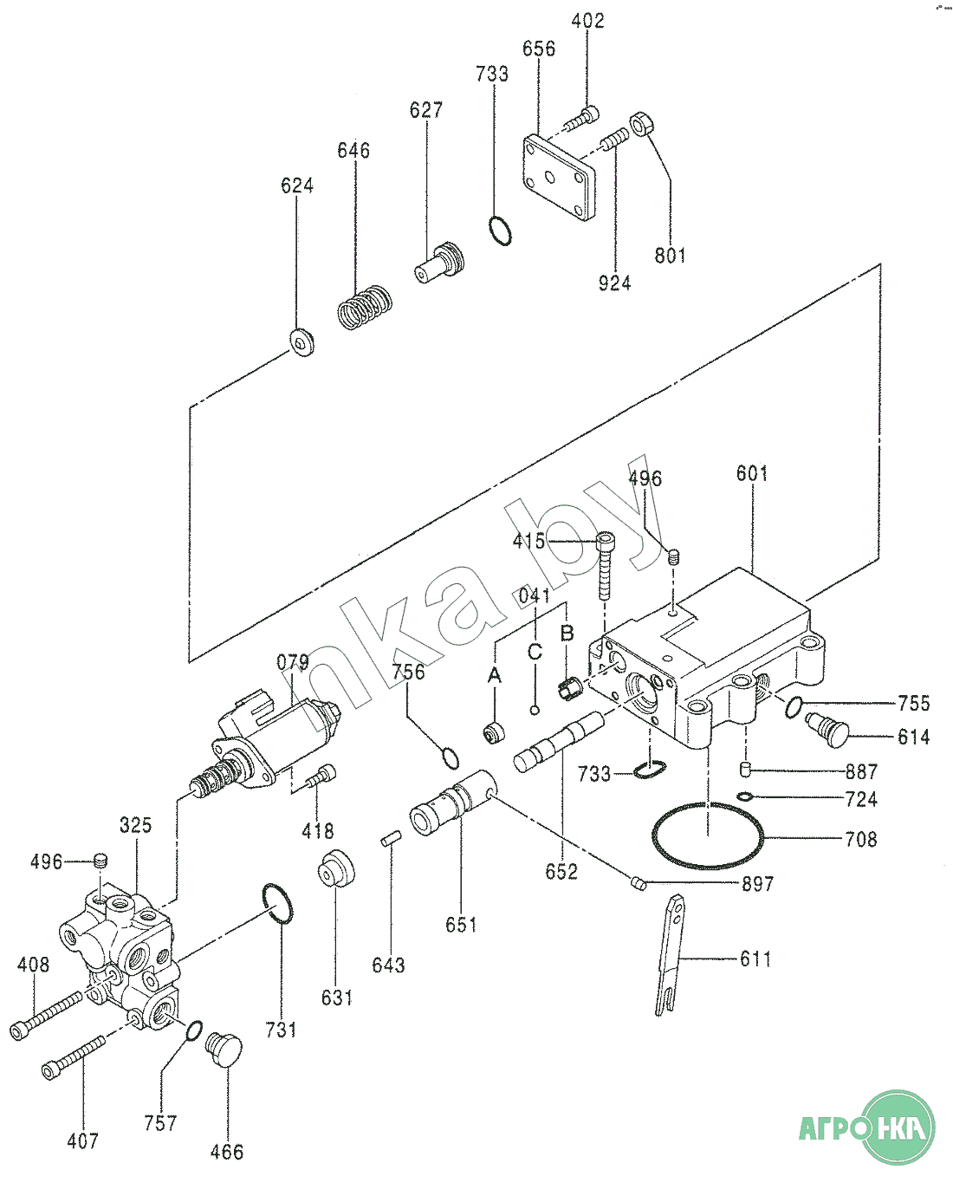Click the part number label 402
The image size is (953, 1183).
(587, 21)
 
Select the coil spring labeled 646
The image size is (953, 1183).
(365, 308)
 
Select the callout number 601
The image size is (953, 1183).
(752, 473)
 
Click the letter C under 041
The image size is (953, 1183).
(535, 652)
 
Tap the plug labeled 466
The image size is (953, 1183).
(224, 1050)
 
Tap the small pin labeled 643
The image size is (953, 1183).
(391, 840)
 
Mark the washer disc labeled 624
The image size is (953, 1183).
(301, 342)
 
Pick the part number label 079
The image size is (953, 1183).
(293, 662)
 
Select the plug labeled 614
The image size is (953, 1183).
(827, 730)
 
